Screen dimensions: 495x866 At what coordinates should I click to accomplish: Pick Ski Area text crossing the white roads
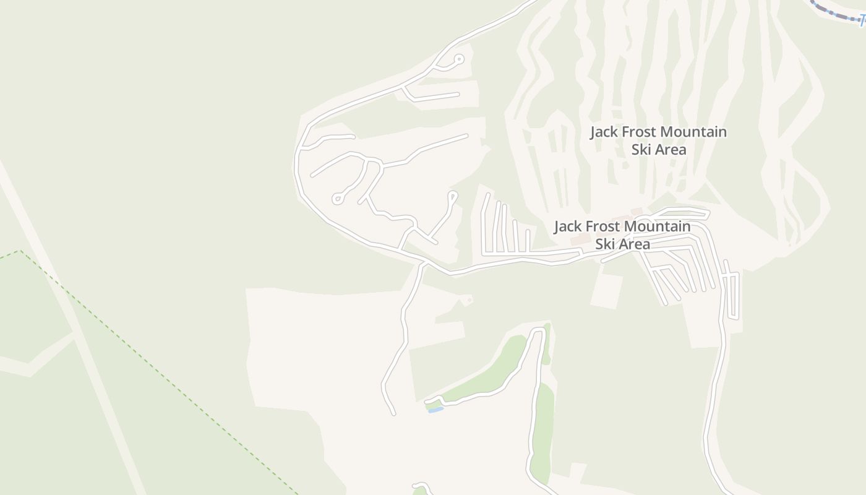tap(623, 244)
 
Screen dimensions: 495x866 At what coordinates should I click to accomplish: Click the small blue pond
tap(435, 410)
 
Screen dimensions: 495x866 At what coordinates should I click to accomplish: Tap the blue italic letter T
tap(862, 19)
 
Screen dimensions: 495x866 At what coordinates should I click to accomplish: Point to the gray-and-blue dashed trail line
tap(835, 12)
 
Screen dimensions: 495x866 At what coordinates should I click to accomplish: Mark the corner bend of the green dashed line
tap(20, 251)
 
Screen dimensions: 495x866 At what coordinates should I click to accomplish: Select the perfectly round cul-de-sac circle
tap(458, 59)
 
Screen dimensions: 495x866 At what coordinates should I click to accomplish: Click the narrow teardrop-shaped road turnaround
tap(453, 197)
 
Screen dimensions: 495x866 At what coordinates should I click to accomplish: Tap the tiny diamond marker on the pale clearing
tap(469, 301)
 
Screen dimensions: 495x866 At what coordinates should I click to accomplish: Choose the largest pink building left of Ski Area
tap(580, 239)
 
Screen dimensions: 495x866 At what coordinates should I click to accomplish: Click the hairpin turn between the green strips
tap(538, 332)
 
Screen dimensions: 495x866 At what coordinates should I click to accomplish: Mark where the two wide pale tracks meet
tap(73, 335)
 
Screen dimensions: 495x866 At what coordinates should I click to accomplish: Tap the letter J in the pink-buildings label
tap(557, 227)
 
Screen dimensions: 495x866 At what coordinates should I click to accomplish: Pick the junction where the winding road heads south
tap(425, 264)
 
